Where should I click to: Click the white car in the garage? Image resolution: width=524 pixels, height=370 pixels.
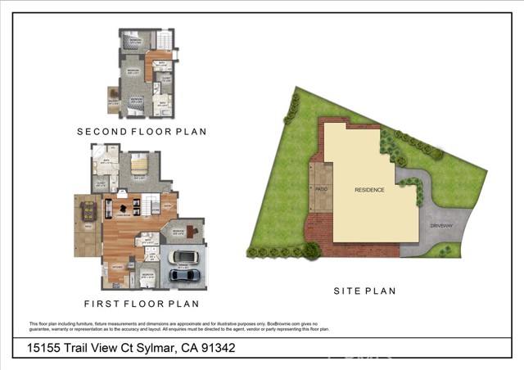coord(184,258)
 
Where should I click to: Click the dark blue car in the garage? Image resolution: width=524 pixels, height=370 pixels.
coord(184,276)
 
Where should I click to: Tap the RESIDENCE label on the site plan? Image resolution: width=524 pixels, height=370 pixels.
coord(369,190)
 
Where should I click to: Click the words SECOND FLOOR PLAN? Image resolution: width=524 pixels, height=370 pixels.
coord(142,131)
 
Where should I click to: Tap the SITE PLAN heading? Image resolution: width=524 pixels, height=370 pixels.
coord(364,291)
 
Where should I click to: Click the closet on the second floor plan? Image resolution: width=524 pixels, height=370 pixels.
coord(165,81)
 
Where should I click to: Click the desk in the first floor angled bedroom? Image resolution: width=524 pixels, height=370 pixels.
coord(193,231)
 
